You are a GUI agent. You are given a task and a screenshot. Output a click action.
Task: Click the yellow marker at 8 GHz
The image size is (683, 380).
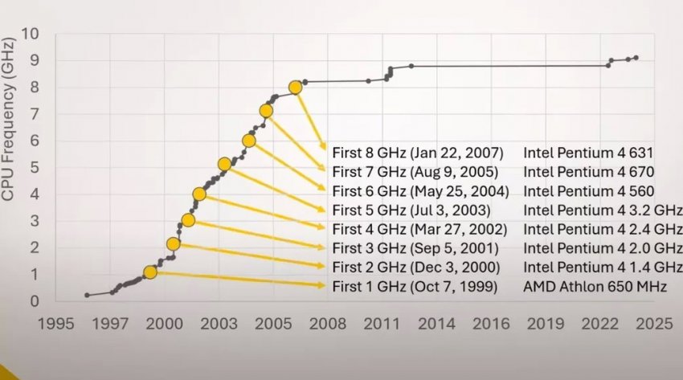click(x=296, y=87)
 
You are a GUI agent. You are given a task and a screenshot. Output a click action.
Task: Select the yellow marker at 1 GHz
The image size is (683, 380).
click(x=150, y=273)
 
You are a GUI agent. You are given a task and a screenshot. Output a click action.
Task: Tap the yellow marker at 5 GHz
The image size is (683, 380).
click(x=224, y=165)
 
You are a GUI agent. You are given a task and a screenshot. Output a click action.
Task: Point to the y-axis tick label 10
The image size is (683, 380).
click(x=30, y=34)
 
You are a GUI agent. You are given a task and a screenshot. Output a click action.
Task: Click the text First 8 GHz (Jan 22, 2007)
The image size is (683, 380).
click(x=417, y=153)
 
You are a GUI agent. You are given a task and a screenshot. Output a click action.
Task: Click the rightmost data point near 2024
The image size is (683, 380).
click(x=636, y=57)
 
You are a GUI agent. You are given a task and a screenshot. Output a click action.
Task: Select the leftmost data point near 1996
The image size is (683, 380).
click(x=87, y=295)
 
